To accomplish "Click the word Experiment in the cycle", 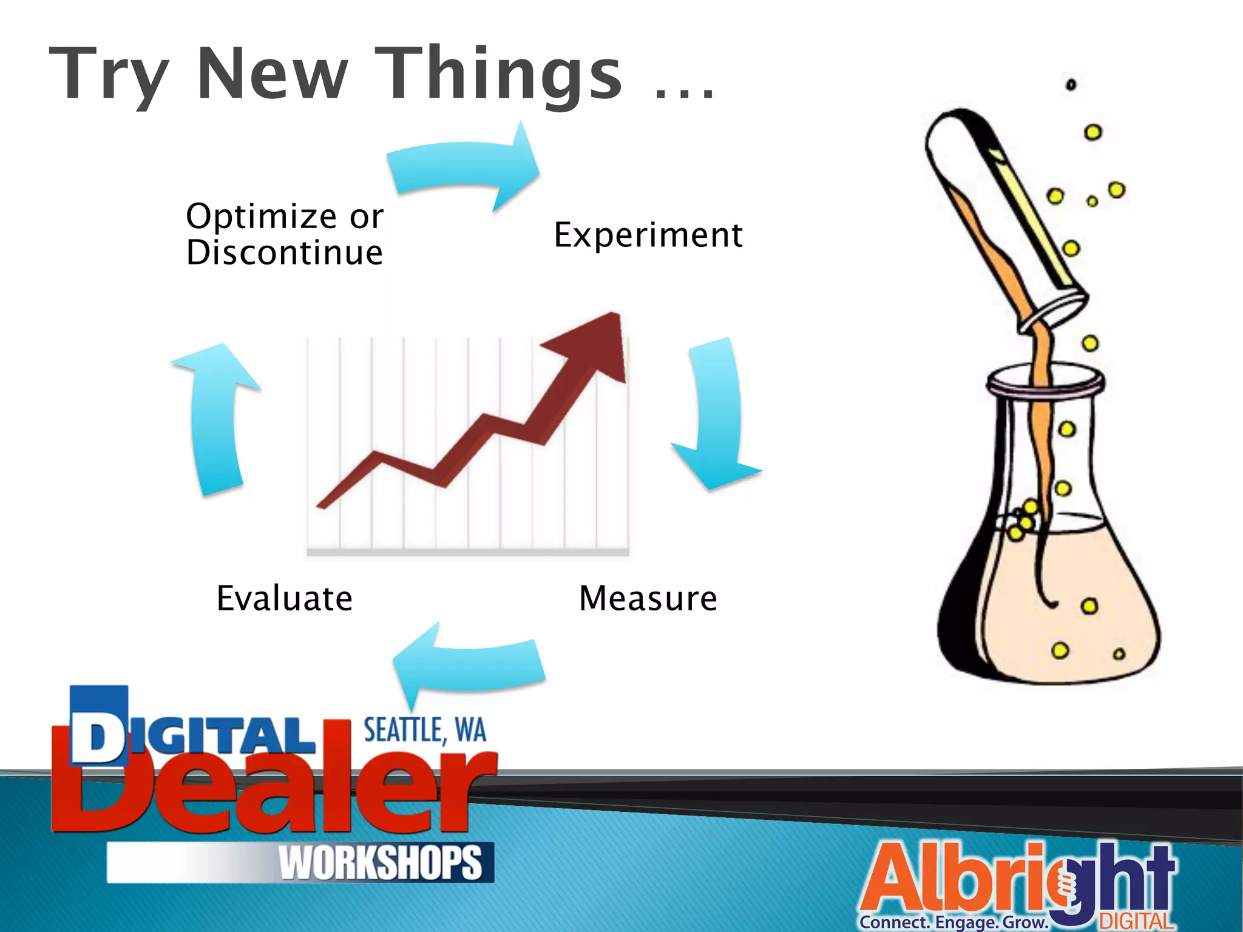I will (648, 235).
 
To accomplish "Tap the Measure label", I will (648, 598).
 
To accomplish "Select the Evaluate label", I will (285, 598).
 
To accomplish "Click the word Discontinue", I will (285, 253).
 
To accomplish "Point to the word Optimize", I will (261, 216).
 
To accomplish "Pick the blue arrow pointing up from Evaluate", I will (216, 419).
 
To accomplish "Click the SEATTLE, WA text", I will (425, 731).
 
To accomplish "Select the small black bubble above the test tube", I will (1071, 85).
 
